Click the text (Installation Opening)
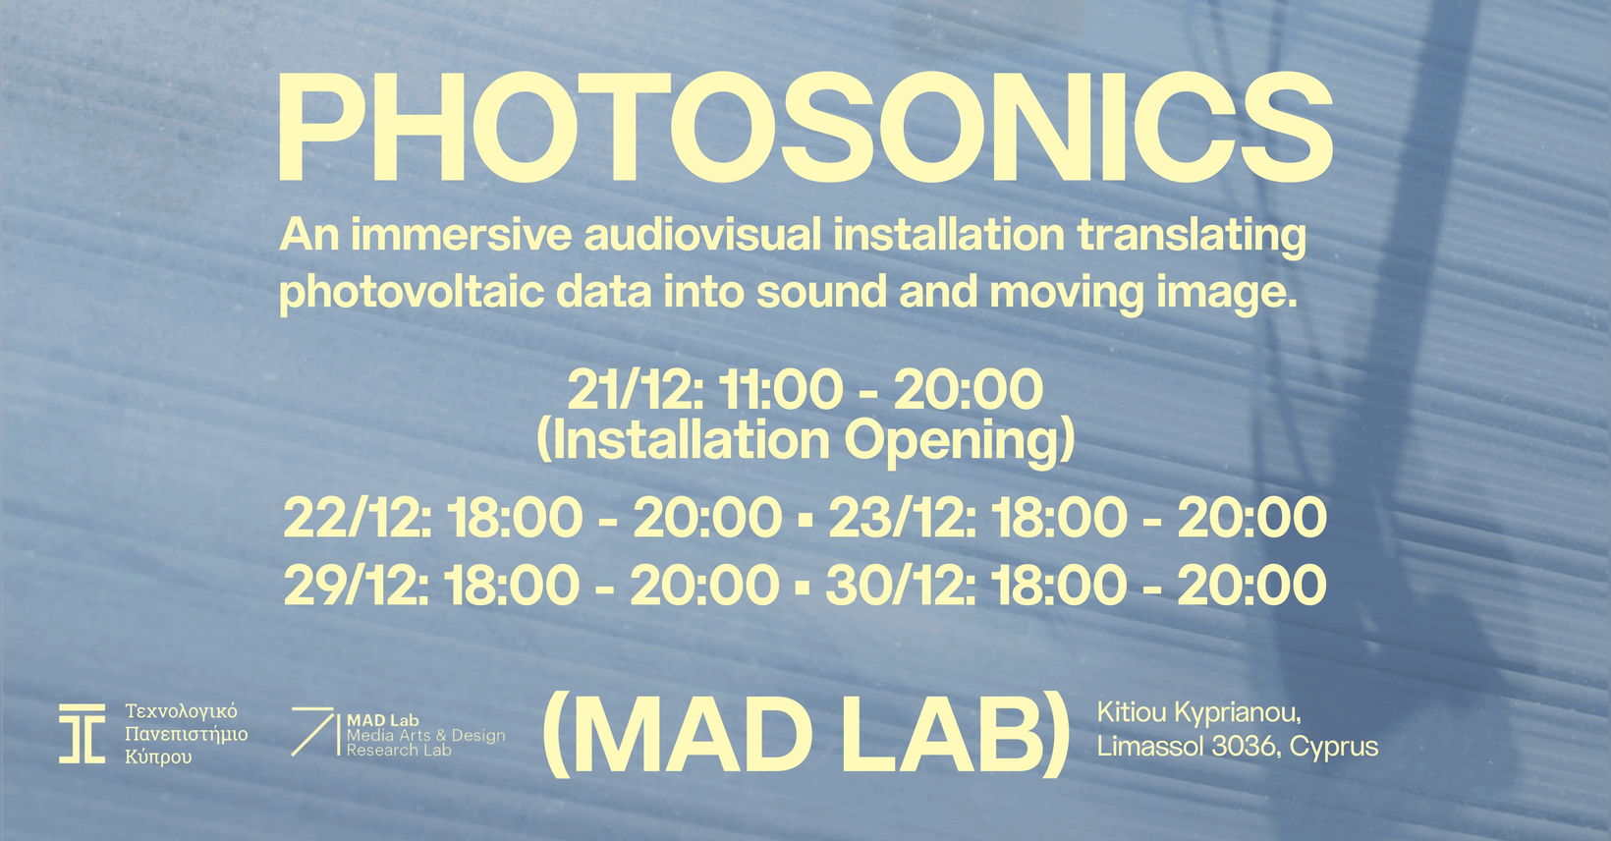point(805,440)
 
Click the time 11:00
point(780,389)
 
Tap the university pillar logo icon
point(82,734)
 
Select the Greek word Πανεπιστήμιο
point(187,735)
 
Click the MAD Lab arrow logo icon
point(314,732)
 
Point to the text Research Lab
point(399,750)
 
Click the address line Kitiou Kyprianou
point(1198,713)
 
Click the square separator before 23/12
point(805,518)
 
